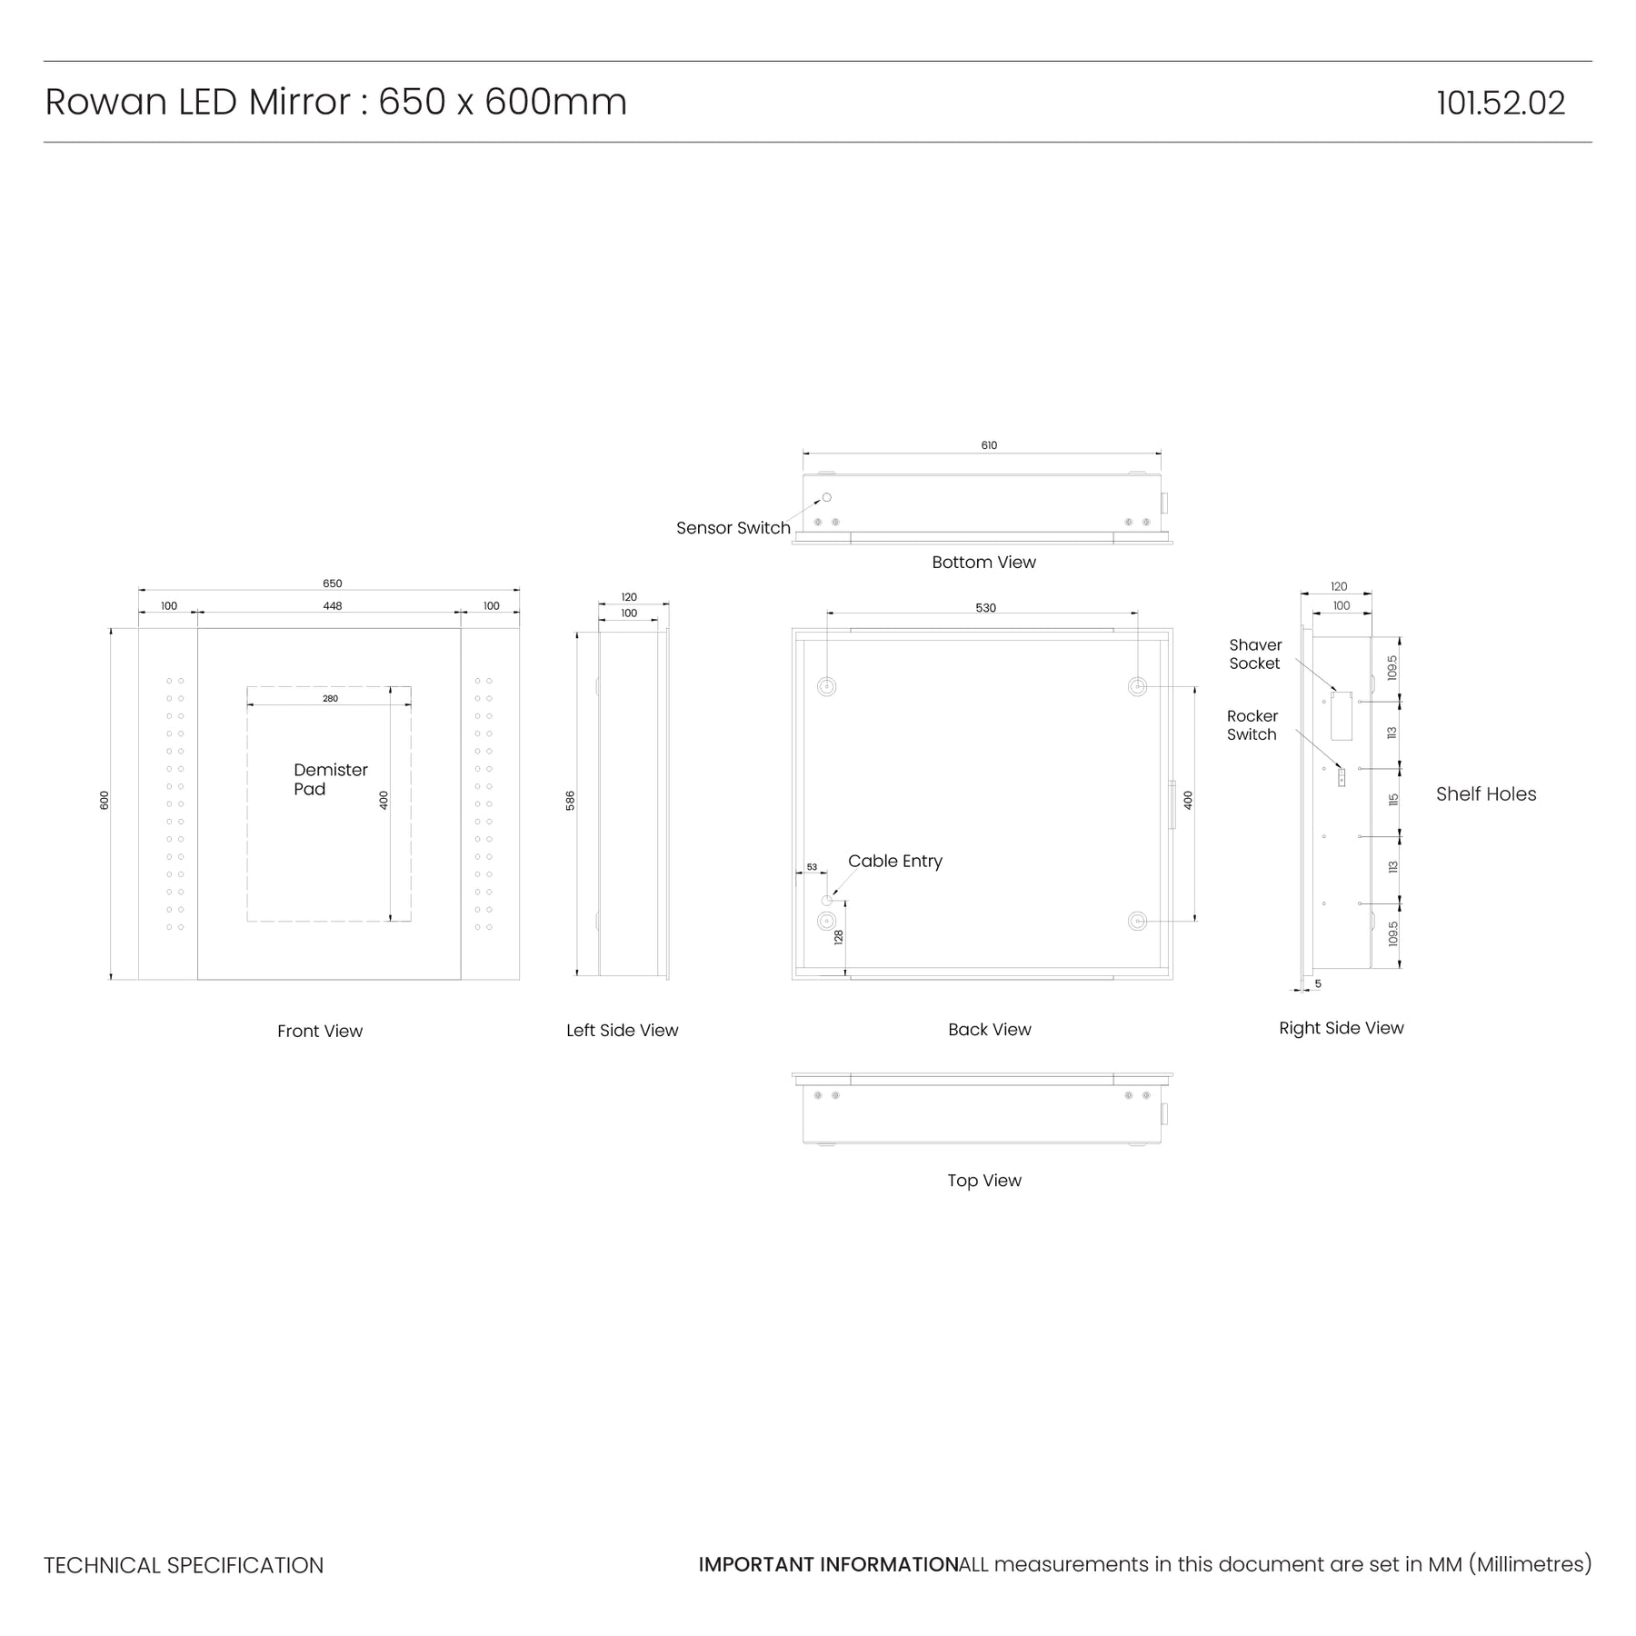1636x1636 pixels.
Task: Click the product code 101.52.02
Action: (1501, 103)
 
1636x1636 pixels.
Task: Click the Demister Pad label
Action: (331, 779)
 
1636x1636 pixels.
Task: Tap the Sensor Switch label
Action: (733, 528)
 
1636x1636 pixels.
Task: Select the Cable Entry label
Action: (895, 861)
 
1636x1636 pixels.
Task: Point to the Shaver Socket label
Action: (1255, 654)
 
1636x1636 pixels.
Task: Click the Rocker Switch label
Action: (1252, 725)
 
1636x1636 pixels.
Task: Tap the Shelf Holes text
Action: (1486, 793)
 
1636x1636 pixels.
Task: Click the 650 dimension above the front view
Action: (333, 584)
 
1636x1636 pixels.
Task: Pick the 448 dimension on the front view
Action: (333, 606)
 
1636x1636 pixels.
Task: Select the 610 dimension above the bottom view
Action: (989, 445)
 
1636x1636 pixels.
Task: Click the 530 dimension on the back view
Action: (986, 608)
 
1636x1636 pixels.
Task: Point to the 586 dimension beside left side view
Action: (571, 801)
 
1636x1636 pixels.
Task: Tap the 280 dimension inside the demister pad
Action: (330, 699)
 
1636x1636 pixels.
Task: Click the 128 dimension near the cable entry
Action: (839, 937)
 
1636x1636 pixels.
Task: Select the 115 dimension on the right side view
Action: (1393, 801)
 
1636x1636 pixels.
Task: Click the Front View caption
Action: (320, 1031)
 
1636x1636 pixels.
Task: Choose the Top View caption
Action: (984, 1181)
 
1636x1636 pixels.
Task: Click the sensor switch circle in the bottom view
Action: (827, 497)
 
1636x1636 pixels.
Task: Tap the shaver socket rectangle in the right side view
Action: (1342, 715)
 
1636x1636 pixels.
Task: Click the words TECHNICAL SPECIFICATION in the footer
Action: (184, 1565)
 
